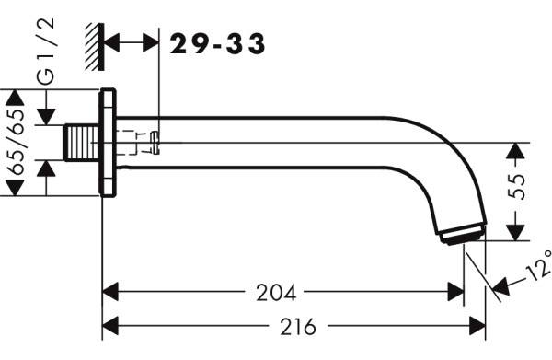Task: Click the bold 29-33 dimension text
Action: (x=217, y=44)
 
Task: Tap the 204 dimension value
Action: (x=276, y=293)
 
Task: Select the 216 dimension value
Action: (x=298, y=326)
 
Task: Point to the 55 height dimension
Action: (x=516, y=186)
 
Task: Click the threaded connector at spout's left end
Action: (x=82, y=143)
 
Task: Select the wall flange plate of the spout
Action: (x=108, y=143)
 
